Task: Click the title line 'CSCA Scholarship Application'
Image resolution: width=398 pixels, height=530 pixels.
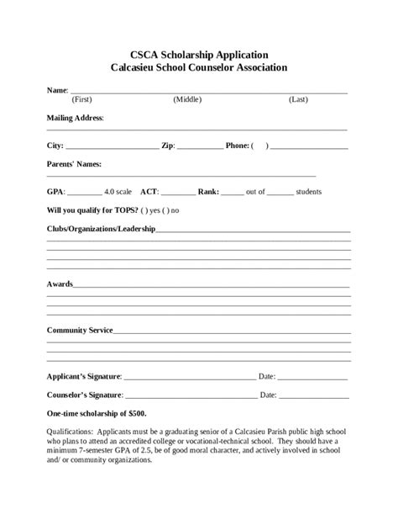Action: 199,53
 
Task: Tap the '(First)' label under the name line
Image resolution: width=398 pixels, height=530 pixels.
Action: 81,99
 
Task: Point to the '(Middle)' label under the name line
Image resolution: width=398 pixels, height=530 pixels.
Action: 187,99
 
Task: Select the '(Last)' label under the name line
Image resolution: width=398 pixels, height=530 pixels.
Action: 298,99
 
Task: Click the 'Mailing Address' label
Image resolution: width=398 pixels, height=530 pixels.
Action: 75,118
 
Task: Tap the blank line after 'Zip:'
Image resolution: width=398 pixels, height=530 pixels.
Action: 200,147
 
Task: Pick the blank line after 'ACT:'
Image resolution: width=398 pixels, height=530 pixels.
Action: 178,193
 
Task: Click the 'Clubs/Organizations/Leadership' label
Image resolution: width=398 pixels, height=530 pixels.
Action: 101,229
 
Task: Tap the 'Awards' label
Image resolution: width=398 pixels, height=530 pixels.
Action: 60,284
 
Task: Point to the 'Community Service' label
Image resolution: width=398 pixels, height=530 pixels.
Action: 80,331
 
